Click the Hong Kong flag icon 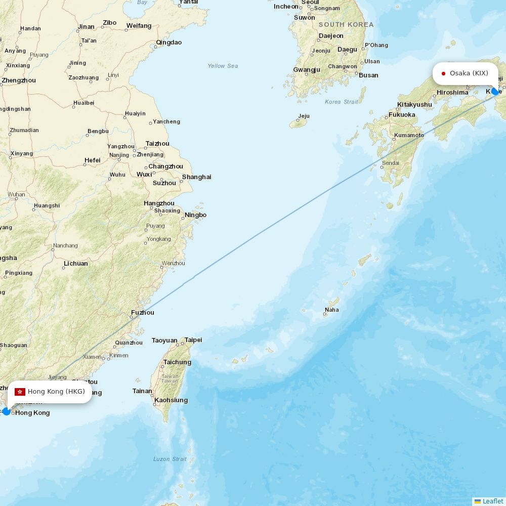[20, 392]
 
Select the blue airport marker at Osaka [495, 91]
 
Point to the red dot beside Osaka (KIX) [443, 73]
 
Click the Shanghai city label [196, 177]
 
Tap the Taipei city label [193, 340]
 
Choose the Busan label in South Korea [368, 75]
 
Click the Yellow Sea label [223, 66]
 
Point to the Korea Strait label [341, 102]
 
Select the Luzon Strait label [170, 459]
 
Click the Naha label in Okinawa [332, 310]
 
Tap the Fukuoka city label [402, 115]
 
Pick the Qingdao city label [169, 43]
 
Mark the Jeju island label [304, 116]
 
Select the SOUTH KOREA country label [346, 24]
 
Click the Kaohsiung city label [172, 400]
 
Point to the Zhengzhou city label [19, 80]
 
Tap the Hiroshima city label [452, 93]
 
